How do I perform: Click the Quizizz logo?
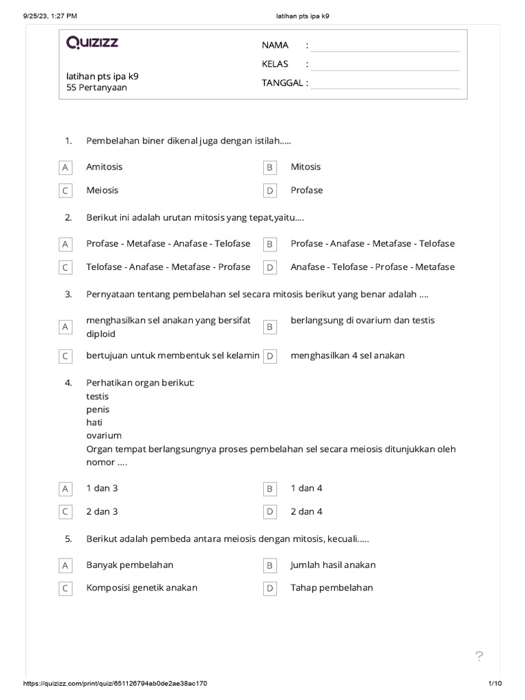coord(92,43)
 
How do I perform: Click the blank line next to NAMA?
coord(385,46)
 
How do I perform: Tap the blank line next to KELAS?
coord(385,65)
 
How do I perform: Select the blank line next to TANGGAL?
coord(385,83)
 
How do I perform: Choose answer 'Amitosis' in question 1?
coord(105,167)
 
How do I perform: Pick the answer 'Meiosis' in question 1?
coord(103,190)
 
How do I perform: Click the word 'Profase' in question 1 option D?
coord(307,190)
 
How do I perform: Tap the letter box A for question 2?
coord(66,244)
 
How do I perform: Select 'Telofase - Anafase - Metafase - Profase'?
coord(168,267)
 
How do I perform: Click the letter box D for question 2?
coord(270,267)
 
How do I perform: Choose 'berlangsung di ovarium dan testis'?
coord(362,321)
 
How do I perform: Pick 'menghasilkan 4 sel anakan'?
coord(347,355)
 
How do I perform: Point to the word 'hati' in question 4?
coord(94,422)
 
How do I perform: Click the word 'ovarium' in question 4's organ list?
coord(104,435)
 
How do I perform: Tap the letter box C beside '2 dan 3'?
coord(66,512)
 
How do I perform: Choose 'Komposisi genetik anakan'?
coord(142,588)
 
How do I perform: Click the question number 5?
coord(68,539)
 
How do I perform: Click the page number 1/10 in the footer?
coord(496,684)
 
